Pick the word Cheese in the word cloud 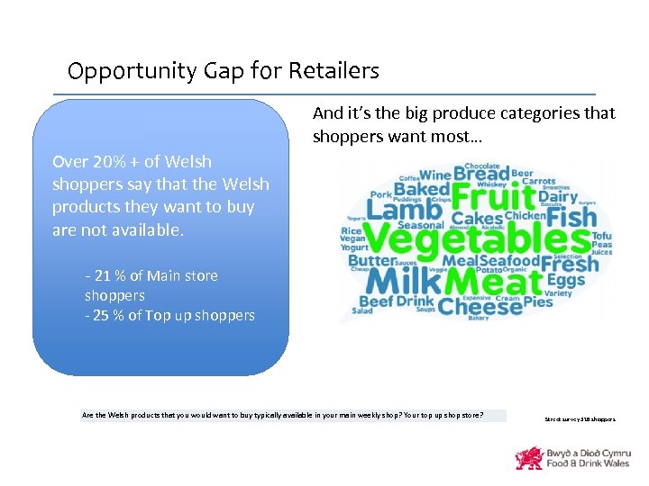point(480,306)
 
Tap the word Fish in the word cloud point(571,218)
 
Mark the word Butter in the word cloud point(372,261)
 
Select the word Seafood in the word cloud point(509,261)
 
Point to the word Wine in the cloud point(435,175)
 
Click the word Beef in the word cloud point(376,301)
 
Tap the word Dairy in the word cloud point(558,197)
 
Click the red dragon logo point(528,457)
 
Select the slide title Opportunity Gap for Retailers point(224,70)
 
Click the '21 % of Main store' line point(151,275)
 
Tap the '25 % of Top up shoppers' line point(169,315)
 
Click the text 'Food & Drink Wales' point(588,463)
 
